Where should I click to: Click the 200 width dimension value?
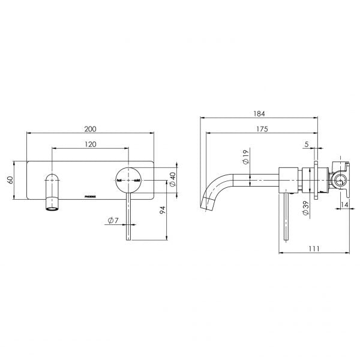click(91, 129)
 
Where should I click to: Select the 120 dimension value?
click(91, 145)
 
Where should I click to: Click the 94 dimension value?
click(163, 211)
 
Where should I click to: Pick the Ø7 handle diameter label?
click(112, 221)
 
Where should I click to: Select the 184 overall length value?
click(260, 113)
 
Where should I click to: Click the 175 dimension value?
click(260, 129)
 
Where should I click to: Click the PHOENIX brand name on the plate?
click(88, 195)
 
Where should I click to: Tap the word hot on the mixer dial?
click(119, 180)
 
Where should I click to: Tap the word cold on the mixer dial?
click(136, 180)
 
